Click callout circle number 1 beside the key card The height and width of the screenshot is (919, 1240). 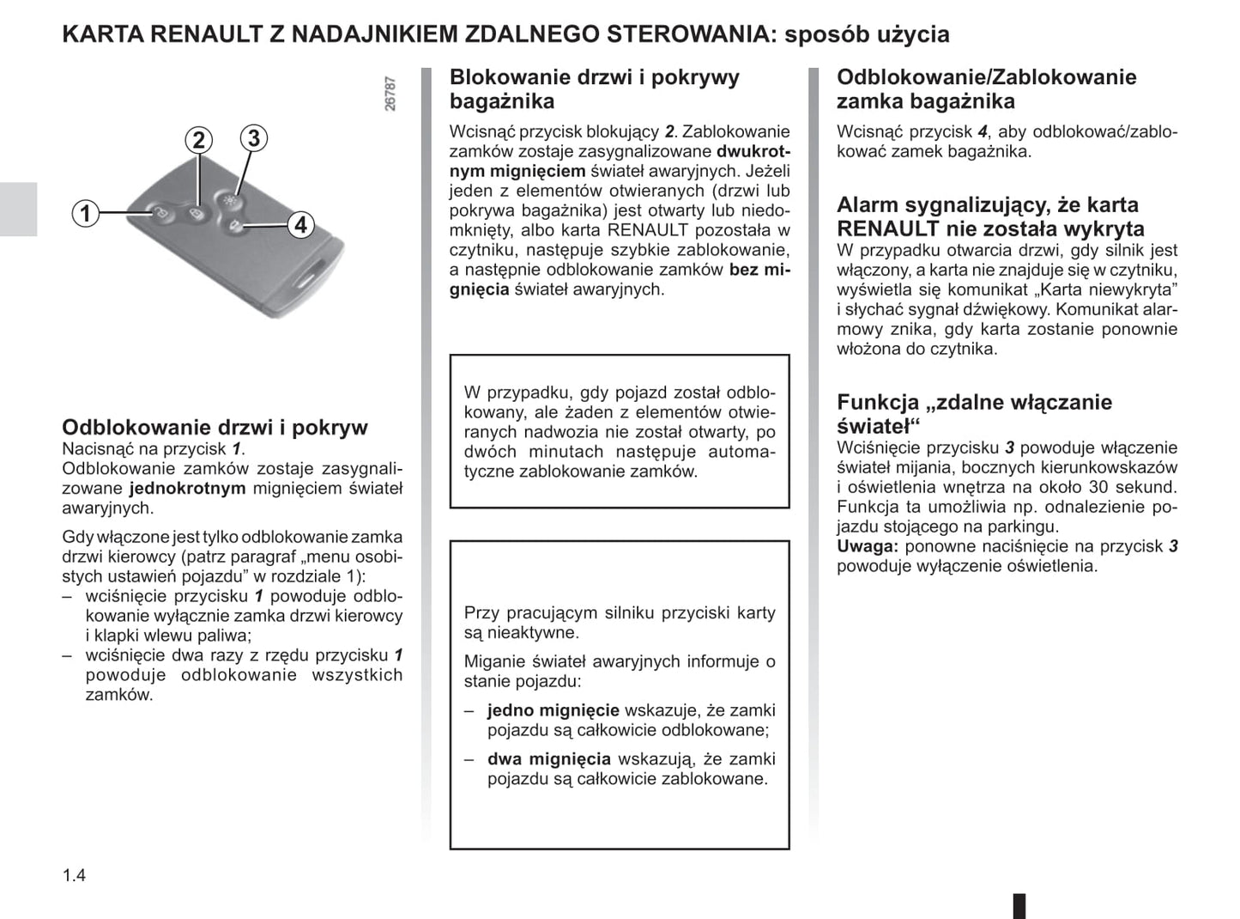(85, 212)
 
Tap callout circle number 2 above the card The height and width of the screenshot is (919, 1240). (198, 140)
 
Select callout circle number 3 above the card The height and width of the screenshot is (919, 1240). (253, 137)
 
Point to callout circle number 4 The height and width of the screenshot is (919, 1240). (299, 225)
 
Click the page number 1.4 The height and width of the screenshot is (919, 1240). (74, 875)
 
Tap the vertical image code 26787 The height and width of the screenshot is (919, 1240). (390, 94)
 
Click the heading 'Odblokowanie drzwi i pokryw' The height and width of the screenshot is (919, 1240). (215, 427)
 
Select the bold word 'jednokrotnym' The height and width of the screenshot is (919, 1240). (187, 488)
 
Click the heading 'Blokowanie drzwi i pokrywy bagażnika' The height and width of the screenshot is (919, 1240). (594, 88)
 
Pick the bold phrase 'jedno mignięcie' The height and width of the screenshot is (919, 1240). (553, 710)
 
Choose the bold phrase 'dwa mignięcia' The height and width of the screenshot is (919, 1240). (548, 758)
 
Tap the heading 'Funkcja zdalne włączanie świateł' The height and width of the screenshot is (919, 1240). (974, 413)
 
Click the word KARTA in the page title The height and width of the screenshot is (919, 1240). (103, 34)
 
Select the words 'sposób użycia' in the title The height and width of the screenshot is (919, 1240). (867, 34)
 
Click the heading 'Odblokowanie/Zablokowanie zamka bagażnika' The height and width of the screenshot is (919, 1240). (986, 88)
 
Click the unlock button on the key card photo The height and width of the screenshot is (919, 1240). (160, 210)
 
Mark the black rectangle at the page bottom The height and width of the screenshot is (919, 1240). (1019, 905)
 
